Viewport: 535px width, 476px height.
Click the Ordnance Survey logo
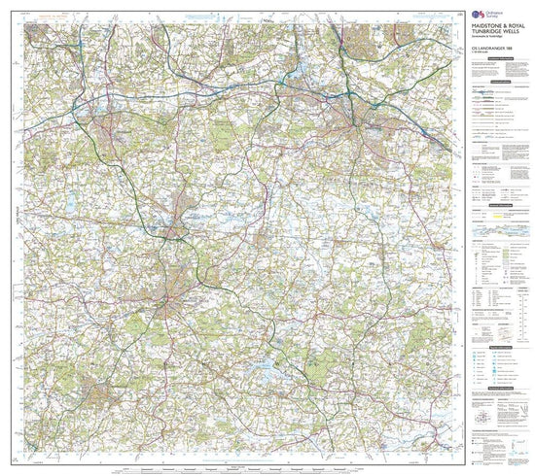tap(478, 14)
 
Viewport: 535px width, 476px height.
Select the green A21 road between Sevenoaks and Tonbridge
tap(136, 185)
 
